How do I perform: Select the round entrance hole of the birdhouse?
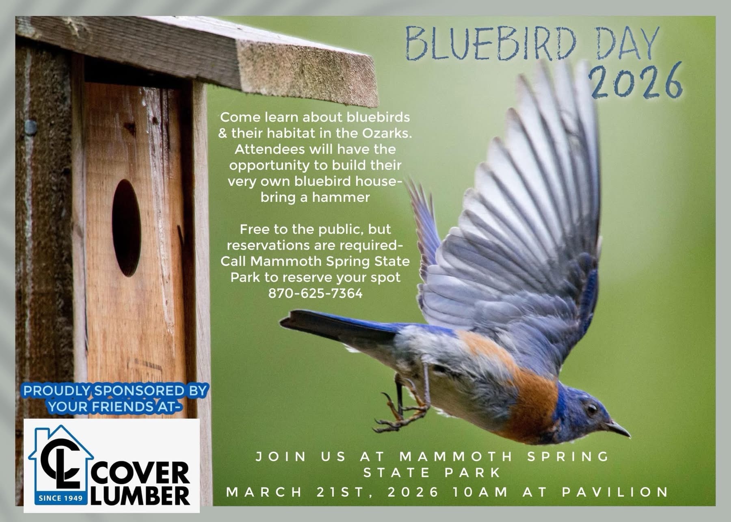(x=126, y=229)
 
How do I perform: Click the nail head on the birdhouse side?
(x=30, y=127)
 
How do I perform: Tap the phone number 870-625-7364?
(x=315, y=293)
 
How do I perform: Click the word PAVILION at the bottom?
(x=615, y=492)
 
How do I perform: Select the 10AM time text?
(x=480, y=492)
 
